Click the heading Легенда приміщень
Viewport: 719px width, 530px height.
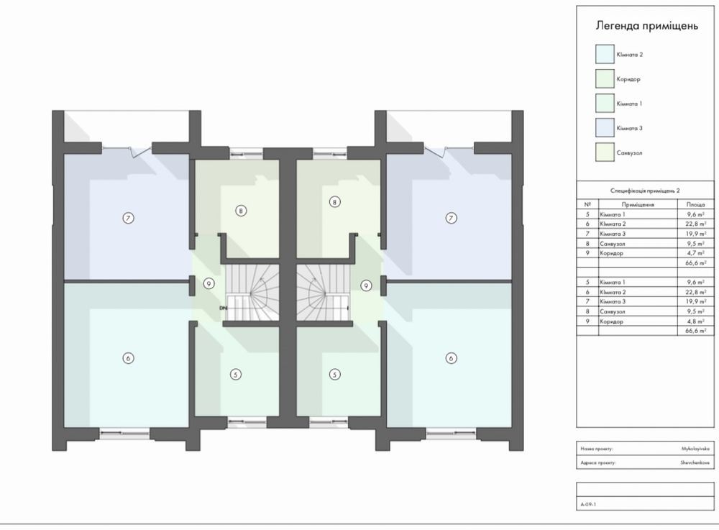[x=646, y=26]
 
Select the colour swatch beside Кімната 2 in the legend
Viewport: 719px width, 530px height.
[x=605, y=54]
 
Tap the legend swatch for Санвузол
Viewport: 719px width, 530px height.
[x=605, y=152]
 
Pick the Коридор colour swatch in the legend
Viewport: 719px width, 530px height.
[x=605, y=79]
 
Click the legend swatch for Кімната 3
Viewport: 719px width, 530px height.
[x=605, y=128]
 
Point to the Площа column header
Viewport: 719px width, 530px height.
[x=695, y=204]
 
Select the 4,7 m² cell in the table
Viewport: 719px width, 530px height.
[x=696, y=253]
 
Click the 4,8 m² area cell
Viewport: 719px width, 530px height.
[x=696, y=321]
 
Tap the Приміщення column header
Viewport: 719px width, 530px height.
[x=638, y=204]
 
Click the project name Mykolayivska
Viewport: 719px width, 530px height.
[x=695, y=449]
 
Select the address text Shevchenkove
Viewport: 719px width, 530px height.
[x=695, y=462]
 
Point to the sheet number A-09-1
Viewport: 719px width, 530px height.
[x=588, y=504]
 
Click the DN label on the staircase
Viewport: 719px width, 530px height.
[x=224, y=308]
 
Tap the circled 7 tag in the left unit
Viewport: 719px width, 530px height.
[x=129, y=218]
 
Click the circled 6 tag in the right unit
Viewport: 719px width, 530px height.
[x=452, y=358]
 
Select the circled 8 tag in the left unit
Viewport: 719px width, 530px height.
[x=241, y=211]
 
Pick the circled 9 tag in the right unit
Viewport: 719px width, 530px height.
[x=366, y=285]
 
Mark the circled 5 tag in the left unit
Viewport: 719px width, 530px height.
[x=236, y=375]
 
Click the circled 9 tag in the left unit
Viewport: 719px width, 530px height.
[x=209, y=284]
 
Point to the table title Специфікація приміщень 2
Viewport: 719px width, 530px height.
[x=645, y=191]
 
